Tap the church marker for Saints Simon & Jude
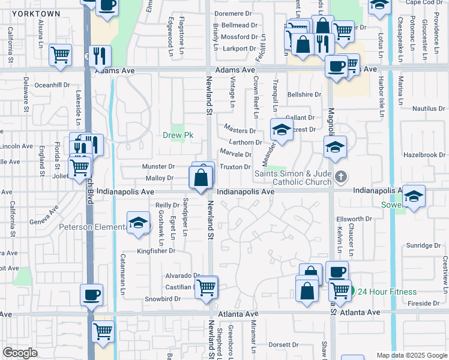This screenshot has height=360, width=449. click(x=341, y=176)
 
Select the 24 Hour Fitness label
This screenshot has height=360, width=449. click(x=387, y=292)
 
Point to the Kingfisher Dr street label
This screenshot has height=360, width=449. click(x=155, y=251)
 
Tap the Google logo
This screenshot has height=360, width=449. click(x=20, y=353)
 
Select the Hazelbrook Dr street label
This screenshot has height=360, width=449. click(x=424, y=155)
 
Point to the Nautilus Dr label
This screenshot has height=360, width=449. click(x=428, y=109)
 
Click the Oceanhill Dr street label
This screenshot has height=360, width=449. click(x=53, y=85)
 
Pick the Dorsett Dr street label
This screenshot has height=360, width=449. click(x=283, y=345)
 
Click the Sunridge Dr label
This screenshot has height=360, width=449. click(x=423, y=245)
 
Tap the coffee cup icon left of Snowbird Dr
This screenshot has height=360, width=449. click(x=92, y=295)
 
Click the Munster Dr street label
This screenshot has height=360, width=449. click(x=158, y=167)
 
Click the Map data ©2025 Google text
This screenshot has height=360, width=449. click(x=411, y=355)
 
